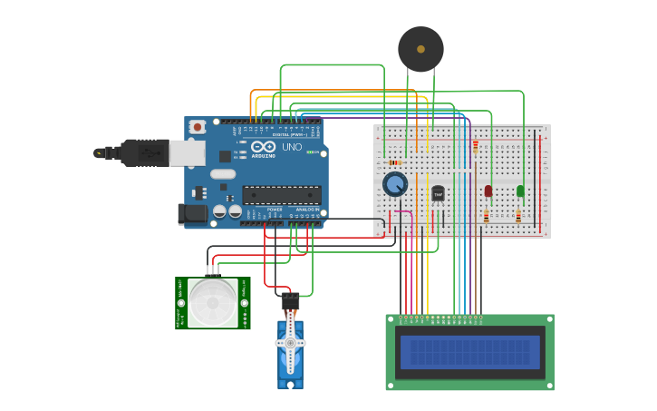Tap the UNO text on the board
pyautogui.click(x=292, y=146)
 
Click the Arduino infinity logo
pyautogui.click(x=264, y=146)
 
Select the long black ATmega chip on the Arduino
pyautogui.click(x=281, y=194)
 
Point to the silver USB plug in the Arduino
pyautogui.click(x=187, y=153)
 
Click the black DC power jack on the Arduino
pyautogui.click(x=192, y=214)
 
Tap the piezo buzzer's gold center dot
pyautogui.click(x=420, y=49)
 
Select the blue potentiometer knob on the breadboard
pyautogui.click(x=395, y=184)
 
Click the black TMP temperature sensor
pyautogui.click(x=438, y=193)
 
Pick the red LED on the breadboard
pyautogui.click(x=488, y=191)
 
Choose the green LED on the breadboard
pyautogui.click(x=520, y=191)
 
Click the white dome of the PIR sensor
pyautogui.click(x=213, y=302)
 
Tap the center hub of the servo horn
pyautogui.click(x=290, y=343)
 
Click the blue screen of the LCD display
pyautogui.click(x=469, y=352)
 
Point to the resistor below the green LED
pyautogui.click(x=518, y=216)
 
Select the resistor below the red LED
pyautogui.click(x=487, y=216)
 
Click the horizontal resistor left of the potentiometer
pyautogui.click(x=395, y=162)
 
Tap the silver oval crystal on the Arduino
pyautogui.click(x=223, y=174)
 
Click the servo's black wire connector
pyautogui.click(x=290, y=300)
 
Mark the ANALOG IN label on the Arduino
pyautogui.click(x=307, y=209)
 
